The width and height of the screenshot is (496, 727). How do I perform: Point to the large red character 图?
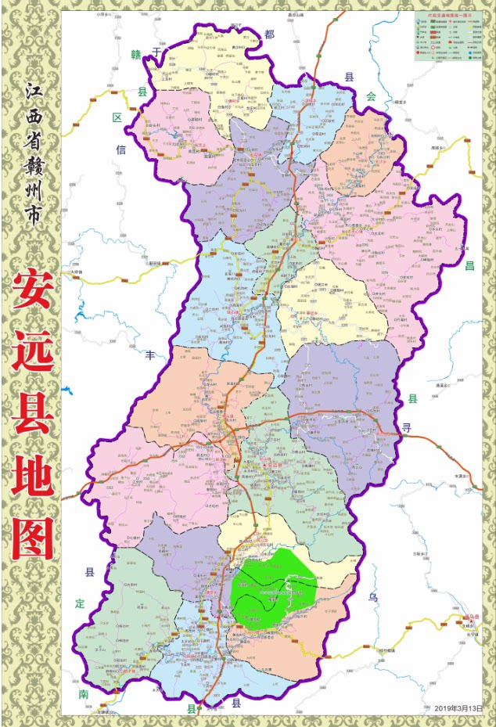tap(33, 539)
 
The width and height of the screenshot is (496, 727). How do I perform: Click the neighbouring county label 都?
tap(270, 34)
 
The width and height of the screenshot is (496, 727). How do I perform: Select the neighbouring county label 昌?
tap(469, 265)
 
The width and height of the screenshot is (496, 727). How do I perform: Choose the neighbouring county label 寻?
tap(406, 428)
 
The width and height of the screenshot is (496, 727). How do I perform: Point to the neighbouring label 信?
tap(120, 148)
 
